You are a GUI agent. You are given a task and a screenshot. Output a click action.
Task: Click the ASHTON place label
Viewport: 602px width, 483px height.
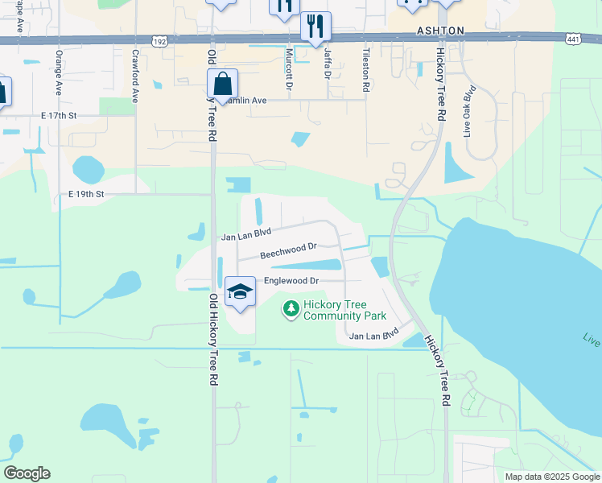coord(440,30)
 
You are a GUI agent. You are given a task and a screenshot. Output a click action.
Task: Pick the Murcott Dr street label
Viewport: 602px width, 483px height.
coord(288,69)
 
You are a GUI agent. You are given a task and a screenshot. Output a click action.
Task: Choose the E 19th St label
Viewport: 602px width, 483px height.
coord(86,195)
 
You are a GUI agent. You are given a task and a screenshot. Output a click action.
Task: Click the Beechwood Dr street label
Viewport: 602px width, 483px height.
coord(289,252)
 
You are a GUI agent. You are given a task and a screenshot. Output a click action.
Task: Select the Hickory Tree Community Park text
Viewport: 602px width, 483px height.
coord(335,310)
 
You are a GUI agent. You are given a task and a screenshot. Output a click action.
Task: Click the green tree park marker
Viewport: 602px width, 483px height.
coord(291,308)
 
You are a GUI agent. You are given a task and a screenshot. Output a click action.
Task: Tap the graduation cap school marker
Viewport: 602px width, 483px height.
coord(240,292)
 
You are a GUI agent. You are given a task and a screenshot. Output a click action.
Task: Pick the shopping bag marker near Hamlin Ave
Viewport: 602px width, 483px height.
coord(221,84)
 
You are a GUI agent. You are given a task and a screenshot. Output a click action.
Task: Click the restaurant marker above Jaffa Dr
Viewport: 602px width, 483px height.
coord(315,26)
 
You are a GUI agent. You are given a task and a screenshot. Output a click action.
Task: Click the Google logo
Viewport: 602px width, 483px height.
coord(27,473)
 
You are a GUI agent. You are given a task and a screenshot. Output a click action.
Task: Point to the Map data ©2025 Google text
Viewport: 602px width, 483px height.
coord(551,477)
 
